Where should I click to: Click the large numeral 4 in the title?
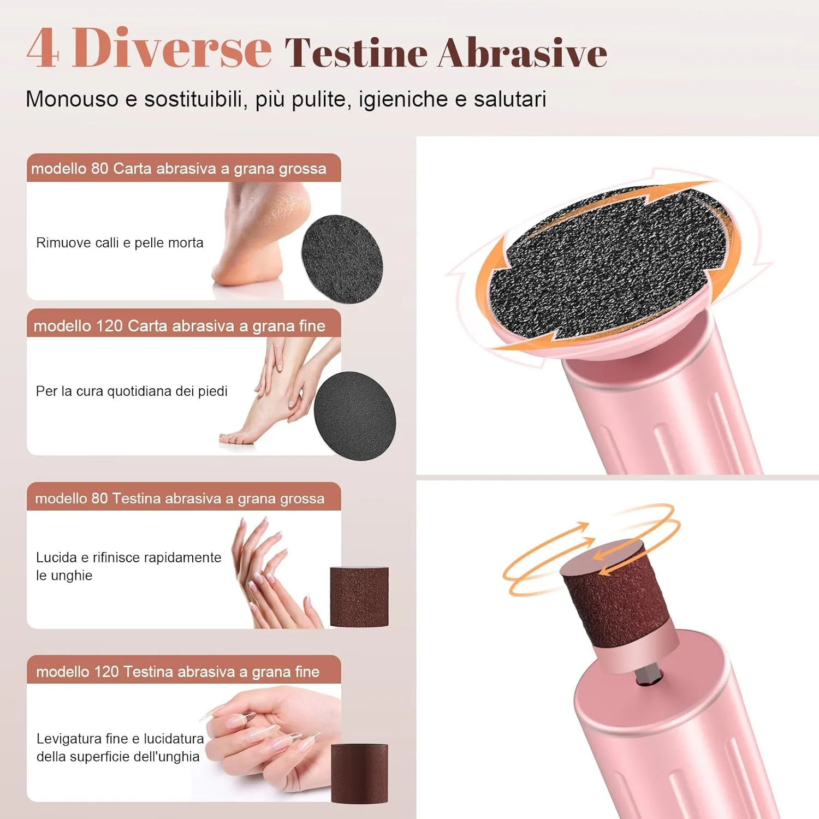42,48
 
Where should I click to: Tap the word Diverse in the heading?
171,48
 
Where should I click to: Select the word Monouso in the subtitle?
72,99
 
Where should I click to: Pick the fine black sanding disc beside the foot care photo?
355,416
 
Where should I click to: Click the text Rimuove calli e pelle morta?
120,243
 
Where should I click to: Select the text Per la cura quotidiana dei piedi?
132,391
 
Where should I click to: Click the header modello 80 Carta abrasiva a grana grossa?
179,169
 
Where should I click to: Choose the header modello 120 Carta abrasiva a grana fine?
179,326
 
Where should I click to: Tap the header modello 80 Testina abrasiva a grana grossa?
180,498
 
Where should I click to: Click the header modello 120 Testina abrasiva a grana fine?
178,672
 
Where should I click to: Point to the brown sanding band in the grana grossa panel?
359,597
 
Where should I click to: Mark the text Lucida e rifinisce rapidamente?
129,557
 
